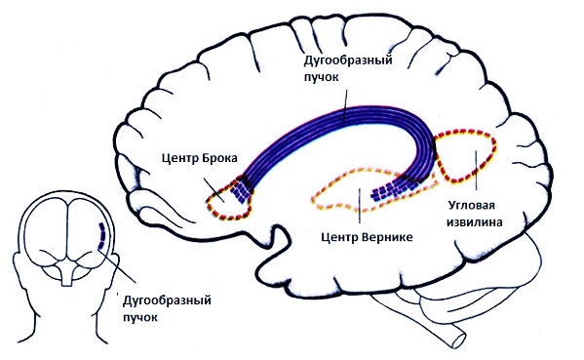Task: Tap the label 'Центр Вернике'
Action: pos(367,237)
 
